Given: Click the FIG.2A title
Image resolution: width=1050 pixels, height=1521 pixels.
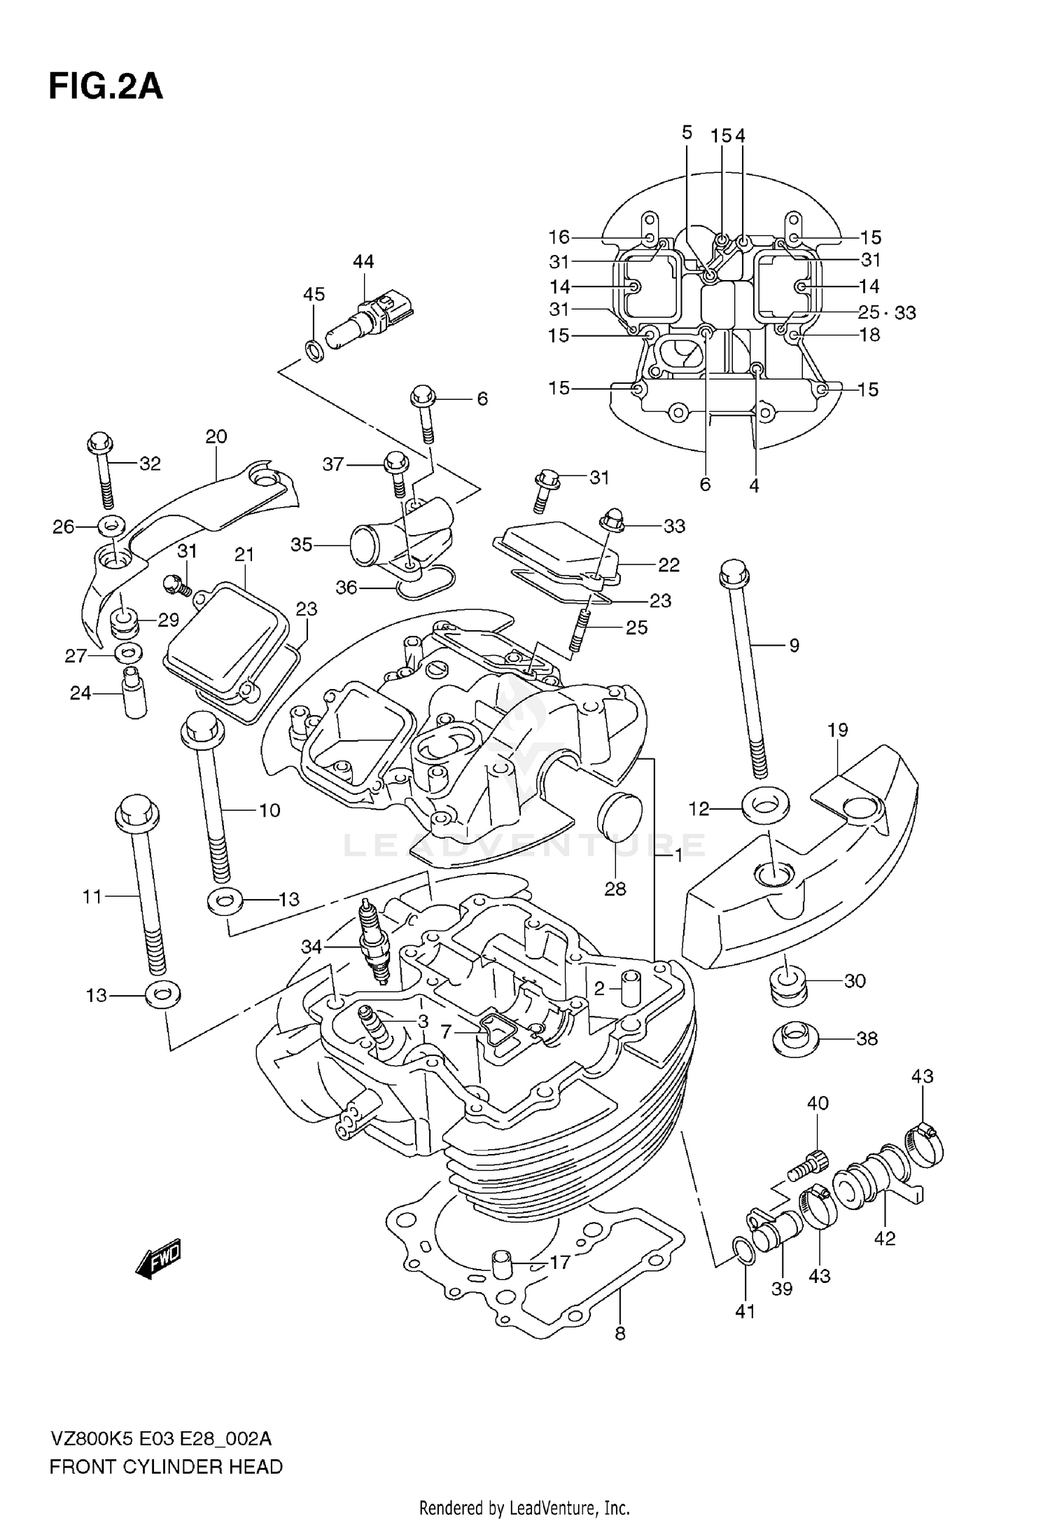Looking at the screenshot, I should (105, 88).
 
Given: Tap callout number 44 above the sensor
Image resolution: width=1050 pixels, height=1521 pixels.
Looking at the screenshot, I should (363, 262).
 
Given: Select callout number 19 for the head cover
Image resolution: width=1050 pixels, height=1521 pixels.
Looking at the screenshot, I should (837, 730).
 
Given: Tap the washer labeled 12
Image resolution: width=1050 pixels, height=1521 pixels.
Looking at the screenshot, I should (763, 810).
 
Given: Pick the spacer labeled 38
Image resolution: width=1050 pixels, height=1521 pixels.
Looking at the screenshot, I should (794, 1038).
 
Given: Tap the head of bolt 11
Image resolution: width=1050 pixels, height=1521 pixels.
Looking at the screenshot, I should (136, 812).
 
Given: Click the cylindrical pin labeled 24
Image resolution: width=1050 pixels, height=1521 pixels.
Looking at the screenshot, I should (135, 693).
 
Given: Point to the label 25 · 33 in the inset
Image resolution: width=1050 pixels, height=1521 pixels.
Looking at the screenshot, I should (887, 312).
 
